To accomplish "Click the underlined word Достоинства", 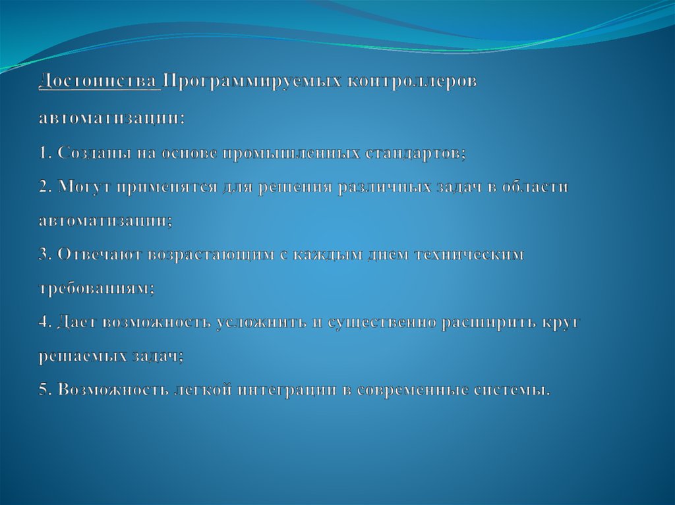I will [x=100, y=82].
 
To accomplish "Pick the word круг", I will [x=561, y=323].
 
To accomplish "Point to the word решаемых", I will [x=78, y=356].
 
